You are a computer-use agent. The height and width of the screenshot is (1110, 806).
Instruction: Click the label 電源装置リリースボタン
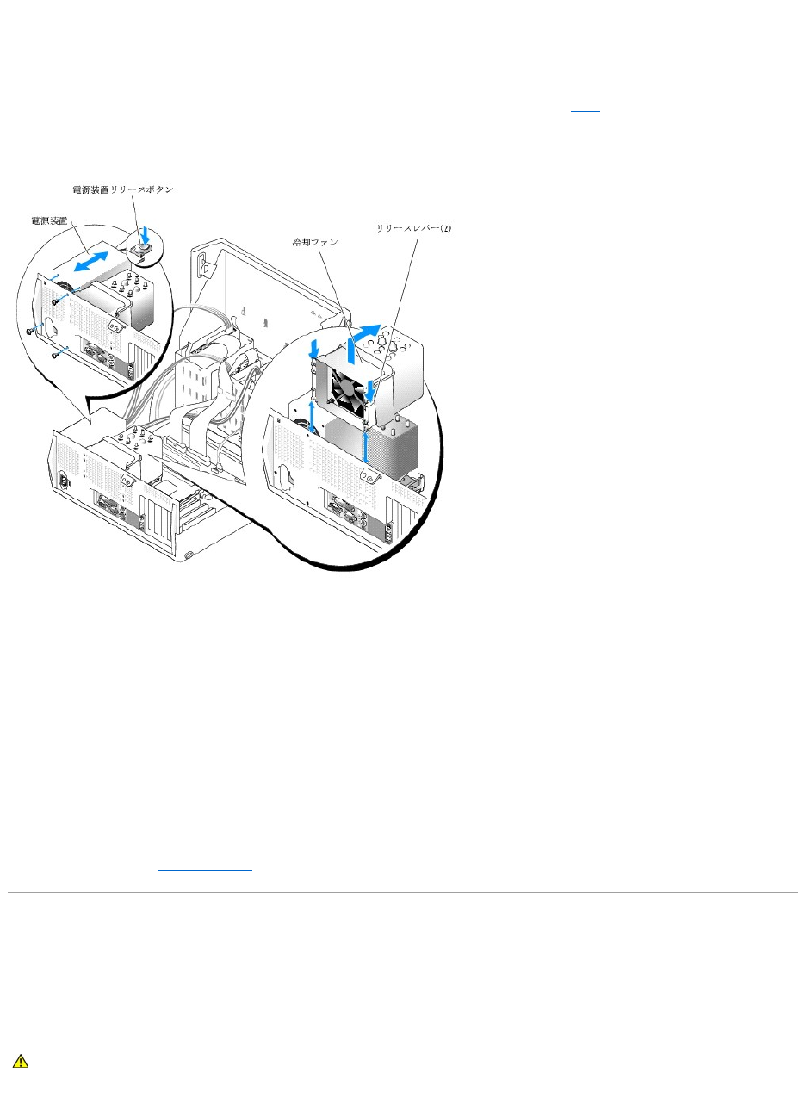(x=123, y=189)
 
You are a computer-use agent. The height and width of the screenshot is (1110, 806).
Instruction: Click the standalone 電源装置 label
(x=49, y=220)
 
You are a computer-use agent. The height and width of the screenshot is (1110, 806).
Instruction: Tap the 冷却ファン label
(x=315, y=242)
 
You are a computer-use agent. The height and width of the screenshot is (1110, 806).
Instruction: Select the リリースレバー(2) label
(x=413, y=228)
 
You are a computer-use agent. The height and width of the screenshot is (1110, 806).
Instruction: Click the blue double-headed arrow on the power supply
(x=90, y=261)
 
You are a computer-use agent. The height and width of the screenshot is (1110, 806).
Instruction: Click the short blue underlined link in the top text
(x=585, y=110)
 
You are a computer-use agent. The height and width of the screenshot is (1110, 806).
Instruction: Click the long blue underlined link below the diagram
(x=205, y=868)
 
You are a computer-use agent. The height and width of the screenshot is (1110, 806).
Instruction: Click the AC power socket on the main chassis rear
(x=65, y=480)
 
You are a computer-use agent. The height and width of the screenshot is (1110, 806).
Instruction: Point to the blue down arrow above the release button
(x=144, y=234)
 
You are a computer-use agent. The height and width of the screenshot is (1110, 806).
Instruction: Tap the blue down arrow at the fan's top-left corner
(x=313, y=349)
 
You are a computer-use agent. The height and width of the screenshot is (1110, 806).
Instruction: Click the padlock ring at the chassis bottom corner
(x=188, y=555)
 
